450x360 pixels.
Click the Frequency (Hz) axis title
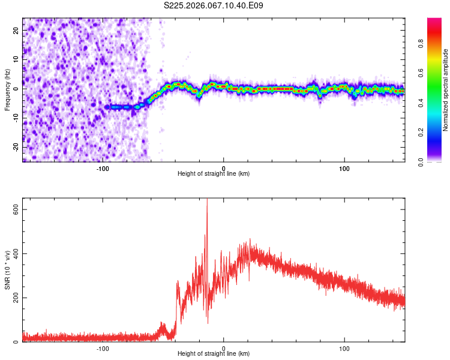pos(7,90)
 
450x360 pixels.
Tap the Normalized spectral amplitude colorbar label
pos(446,90)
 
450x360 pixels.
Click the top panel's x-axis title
pos(214,173)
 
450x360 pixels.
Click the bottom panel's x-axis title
pos(214,353)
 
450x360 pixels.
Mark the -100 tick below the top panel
pos(103,167)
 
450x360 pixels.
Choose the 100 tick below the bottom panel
pos(344,347)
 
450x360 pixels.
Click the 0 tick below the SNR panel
pos(224,347)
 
